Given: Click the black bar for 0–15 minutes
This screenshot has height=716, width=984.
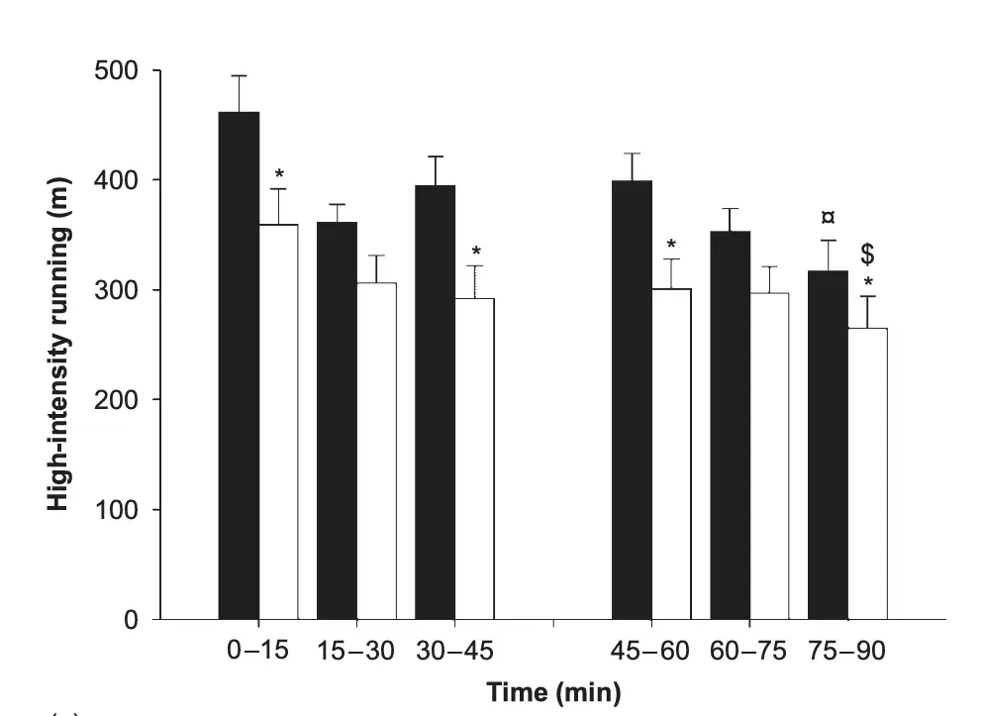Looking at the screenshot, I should pyautogui.click(x=239, y=366).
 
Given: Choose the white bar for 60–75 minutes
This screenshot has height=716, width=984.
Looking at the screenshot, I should pyautogui.click(x=769, y=456).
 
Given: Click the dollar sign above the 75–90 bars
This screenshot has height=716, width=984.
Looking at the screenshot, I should pyautogui.click(x=867, y=255).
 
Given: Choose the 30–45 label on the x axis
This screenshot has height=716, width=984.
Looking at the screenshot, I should pyautogui.click(x=454, y=652).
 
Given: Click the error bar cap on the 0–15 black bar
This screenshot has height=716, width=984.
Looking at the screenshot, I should pyautogui.click(x=239, y=75).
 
